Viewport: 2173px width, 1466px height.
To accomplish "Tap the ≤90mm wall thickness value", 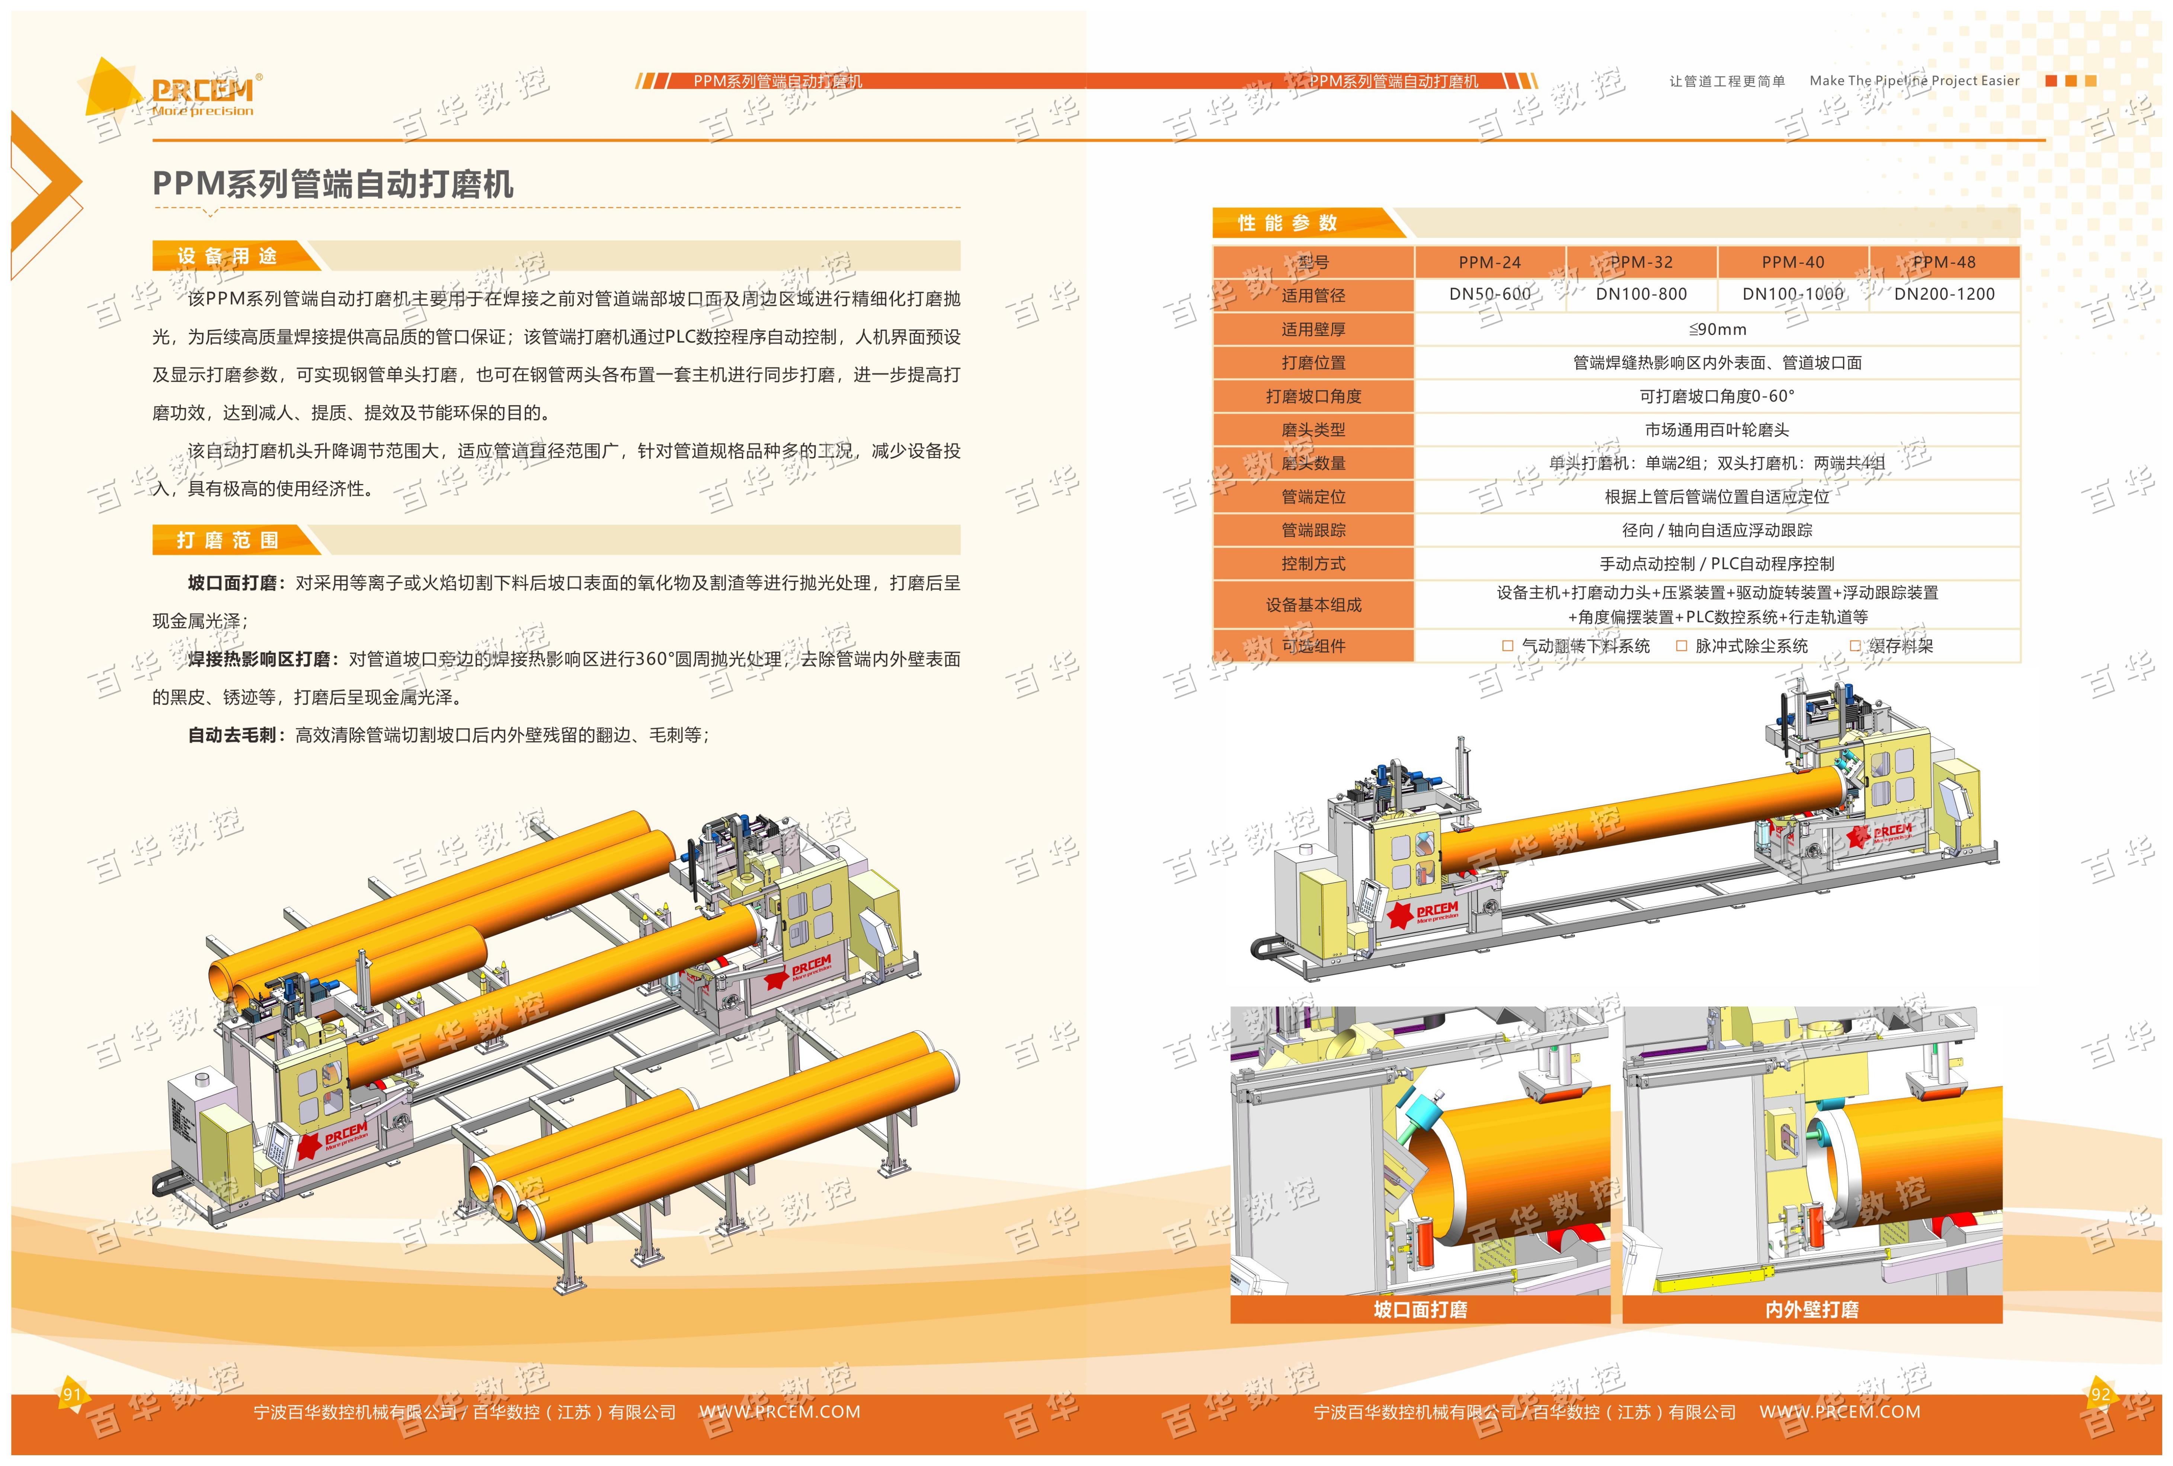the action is (1718, 329).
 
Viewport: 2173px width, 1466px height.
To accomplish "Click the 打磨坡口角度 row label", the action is (1314, 396).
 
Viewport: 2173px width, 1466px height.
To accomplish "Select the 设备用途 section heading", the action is (227, 256).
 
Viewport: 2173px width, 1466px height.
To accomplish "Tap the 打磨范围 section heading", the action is (227, 540).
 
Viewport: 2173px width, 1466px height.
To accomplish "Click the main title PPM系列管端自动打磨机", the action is (333, 184).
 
